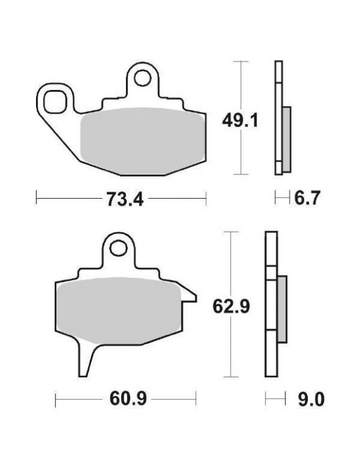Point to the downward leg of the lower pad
86,360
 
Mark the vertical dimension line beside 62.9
232,261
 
